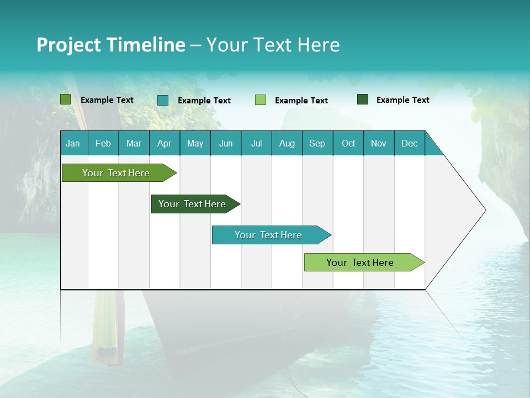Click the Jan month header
click(x=73, y=143)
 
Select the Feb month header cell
click(x=103, y=143)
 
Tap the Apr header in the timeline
click(x=164, y=143)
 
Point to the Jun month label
click(x=226, y=143)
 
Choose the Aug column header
click(x=287, y=143)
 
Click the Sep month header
click(x=317, y=143)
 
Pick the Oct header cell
click(x=348, y=143)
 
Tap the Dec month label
click(x=409, y=143)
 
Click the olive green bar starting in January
click(x=116, y=173)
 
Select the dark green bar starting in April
click(x=192, y=204)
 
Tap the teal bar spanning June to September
click(x=268, y=235)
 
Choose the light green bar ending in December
click(x=360, y=263)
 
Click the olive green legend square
click(x=65, y=99)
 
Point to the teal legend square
click(x=163, y=100)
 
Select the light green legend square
click(x=261, y=100)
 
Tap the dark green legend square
click(x=362, y=99)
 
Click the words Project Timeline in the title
click(x=110, y=45)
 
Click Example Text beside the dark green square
click(x=402, y=100)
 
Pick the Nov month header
click(x=378, y=143)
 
